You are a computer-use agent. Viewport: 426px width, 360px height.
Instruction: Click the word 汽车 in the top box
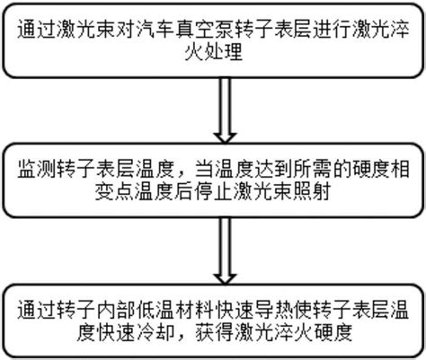155,30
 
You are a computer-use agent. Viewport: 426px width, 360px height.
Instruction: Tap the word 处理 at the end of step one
223,52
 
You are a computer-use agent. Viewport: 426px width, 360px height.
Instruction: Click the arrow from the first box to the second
225,110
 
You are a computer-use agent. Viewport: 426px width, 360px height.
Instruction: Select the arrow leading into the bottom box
225,250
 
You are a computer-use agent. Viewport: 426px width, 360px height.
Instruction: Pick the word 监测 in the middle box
37,169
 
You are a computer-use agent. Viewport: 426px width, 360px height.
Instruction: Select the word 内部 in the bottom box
115,310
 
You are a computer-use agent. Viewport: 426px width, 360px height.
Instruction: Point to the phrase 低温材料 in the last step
174,310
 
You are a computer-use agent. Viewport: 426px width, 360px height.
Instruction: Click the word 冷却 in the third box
155,332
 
